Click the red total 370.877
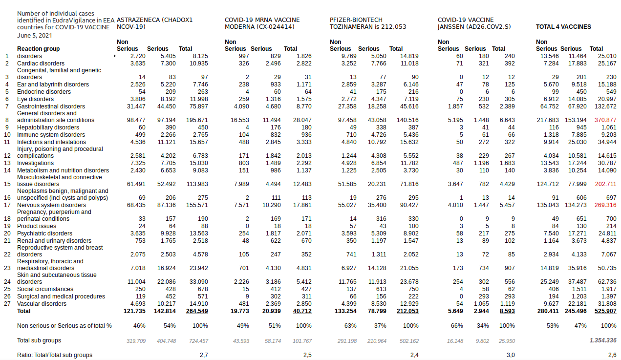605,120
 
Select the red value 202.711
605,184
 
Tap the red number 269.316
605,205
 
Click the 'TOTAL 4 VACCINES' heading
563,27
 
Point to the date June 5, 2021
34,36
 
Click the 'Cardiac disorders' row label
41,64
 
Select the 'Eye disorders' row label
36,99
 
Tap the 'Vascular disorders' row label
42,304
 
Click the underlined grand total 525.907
605,311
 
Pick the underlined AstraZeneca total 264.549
197,311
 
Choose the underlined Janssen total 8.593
507,311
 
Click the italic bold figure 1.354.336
603,340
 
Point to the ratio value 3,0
511,355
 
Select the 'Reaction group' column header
38,49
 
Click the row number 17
7,205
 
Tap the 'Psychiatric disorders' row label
44,233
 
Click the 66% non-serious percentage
457,326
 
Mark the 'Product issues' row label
37,226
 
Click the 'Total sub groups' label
39,340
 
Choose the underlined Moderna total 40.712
302,311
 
